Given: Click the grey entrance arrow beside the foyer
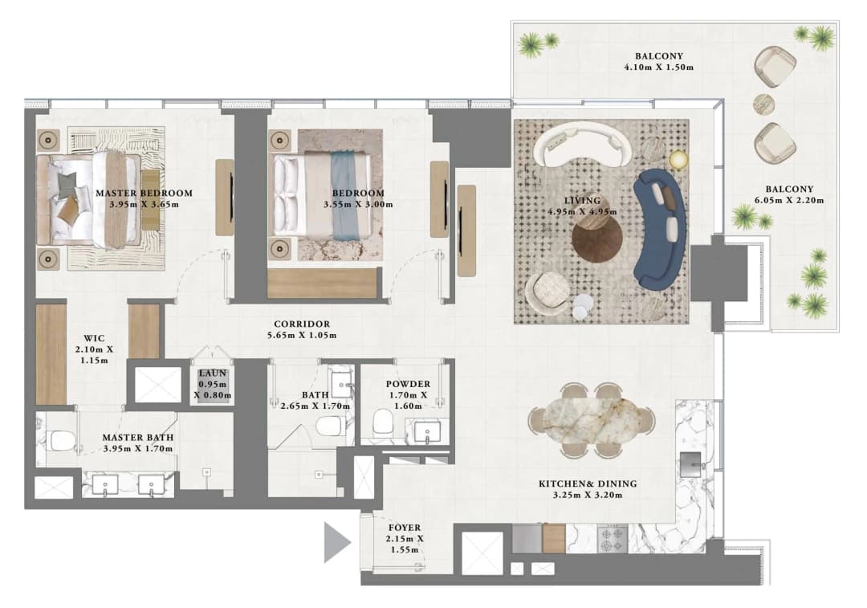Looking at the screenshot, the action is (x=336, y=542).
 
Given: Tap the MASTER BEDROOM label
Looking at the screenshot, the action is (x=144, y=193).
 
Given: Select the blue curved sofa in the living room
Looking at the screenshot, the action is (x=660, y=229).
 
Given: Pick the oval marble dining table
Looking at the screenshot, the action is (x=592, y=419).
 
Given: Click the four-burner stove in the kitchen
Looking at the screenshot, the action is (x=612, y=538).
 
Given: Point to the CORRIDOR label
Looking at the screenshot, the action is (x=302, y=324).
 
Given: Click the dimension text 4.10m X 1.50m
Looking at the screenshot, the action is (x=658, y=67).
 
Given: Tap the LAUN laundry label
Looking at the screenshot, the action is (x=213, y=373).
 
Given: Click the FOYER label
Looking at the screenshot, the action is (x=404, y=528).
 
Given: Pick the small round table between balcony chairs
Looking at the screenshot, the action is (x=764, y=104).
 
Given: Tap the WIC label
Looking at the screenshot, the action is (x=94, y=338).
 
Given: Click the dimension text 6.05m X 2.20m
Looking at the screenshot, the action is (x=789, y=200).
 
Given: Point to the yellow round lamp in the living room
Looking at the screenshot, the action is (x=678, y=159).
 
